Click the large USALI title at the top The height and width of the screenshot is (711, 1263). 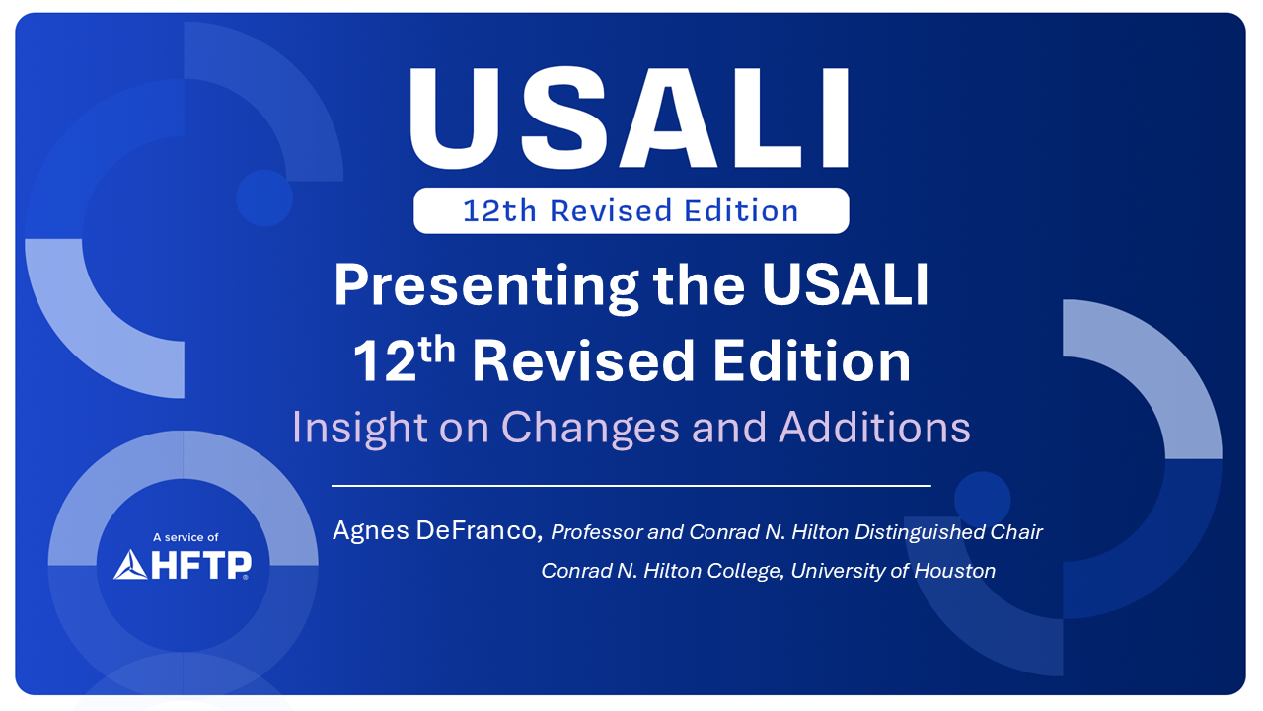[629, 118]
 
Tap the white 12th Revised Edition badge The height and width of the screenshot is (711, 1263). [631, 210]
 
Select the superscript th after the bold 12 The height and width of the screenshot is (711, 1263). [437, 350]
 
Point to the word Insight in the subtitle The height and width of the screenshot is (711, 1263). [359, 428]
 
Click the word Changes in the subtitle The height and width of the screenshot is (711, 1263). [590, 429]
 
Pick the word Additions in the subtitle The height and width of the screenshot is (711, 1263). [874, 428]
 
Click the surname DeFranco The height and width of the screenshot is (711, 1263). [480, 531]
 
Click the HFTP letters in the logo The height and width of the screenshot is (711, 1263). [201, 565]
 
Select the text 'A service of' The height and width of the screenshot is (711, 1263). [186, 537]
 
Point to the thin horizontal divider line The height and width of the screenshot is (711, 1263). [631, 485]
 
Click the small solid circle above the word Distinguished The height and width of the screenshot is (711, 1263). [982, 500]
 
